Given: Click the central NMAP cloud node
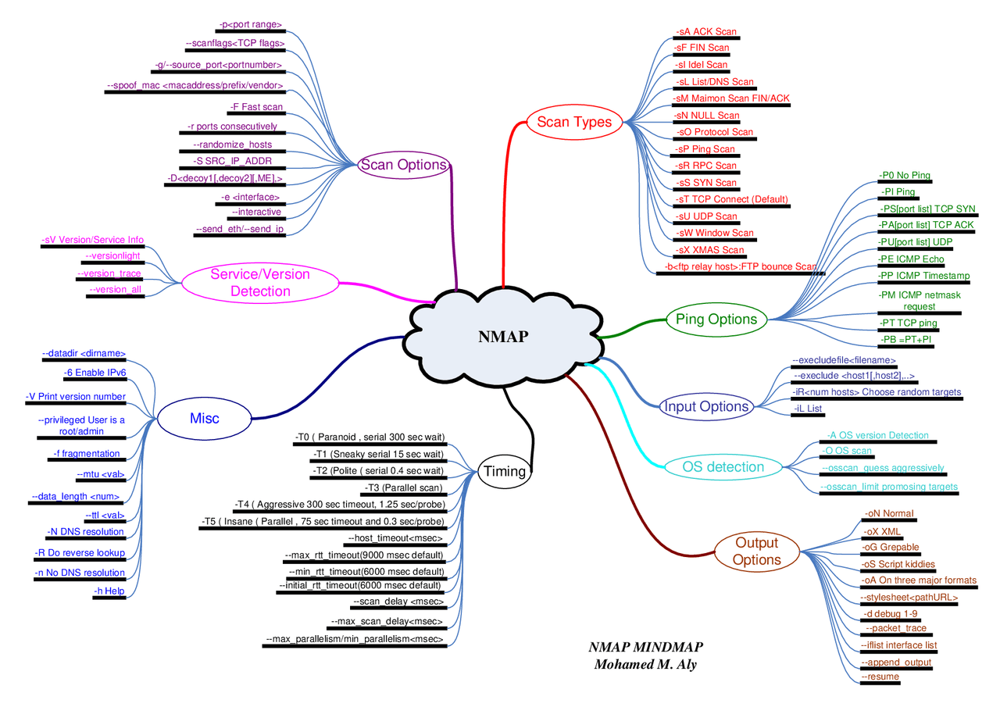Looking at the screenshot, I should tap(502, 337).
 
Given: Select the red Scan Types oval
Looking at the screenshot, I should tap(573, 122).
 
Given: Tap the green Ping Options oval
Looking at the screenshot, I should tap(716, 319).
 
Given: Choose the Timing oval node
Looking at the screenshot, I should tap(505, 471).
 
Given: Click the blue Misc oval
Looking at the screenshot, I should tap(204, 418).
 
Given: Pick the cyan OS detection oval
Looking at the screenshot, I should tap(723, 467).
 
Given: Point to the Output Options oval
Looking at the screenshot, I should tap(756, 552).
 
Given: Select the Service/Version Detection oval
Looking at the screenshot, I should tap(259, 283).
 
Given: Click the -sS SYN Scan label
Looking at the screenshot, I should tap(705, 183).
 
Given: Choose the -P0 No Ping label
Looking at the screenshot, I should tap(905, 175).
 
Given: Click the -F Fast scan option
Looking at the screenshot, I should tap(256, 106).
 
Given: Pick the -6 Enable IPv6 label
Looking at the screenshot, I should tap(95, 372).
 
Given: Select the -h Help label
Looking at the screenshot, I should tap(109, 591).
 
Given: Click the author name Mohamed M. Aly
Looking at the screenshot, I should tap(645, 665).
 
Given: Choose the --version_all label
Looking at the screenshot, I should tap(116, 289).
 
